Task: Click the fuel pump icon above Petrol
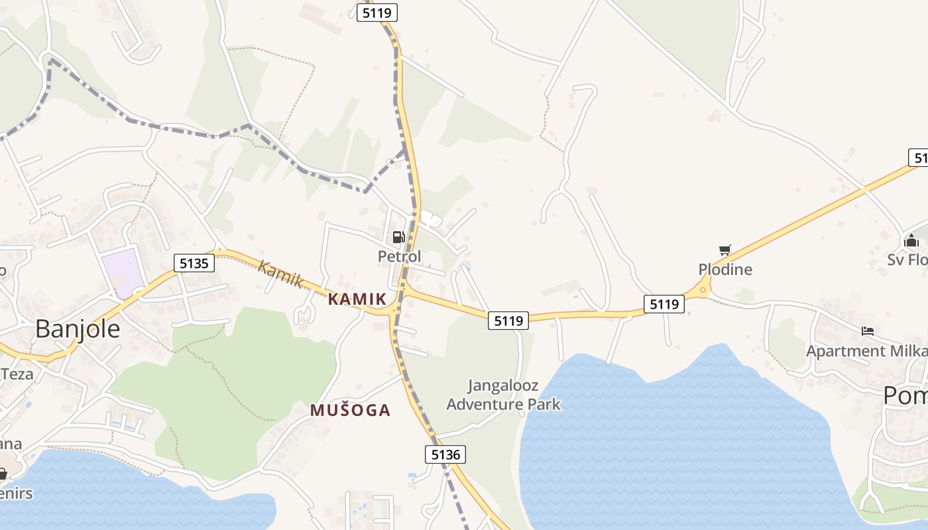[398, 237]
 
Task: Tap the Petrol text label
[399, 256]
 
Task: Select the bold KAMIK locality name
[357, 299]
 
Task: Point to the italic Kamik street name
[280, 274]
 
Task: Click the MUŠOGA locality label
[350, 410]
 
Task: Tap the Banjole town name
[78, 329]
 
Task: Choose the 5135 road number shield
[194, 263]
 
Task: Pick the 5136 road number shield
[445, 454]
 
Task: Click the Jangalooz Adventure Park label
[503, 395]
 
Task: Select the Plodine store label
[725, 270]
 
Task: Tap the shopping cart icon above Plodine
[725, 250]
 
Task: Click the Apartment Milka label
[866, 350]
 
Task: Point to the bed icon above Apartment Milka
[867, 331]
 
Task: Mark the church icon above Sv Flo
[911, 240]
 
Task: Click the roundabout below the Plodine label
[703, 289]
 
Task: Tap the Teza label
[17, 374]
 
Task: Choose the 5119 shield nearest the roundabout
[664, 304]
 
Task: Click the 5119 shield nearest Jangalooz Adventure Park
[508, 321]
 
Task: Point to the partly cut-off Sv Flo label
[907, 260]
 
